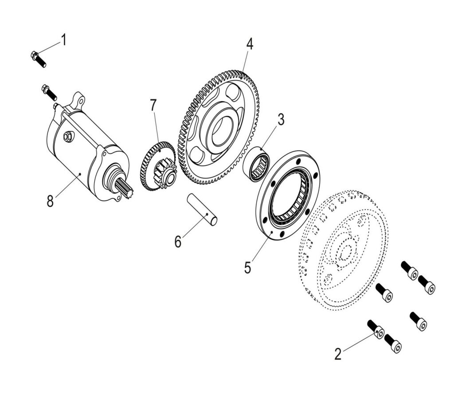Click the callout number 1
(x=63, y=40)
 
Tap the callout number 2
(x=338, y=354)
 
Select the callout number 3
(x=281, y=120)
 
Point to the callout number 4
(x=250, y=44)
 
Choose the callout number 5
(x=247, y=267)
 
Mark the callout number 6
(x=178, y=242)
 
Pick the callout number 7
(x=153, y=106)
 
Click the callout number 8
(x=50, y=201)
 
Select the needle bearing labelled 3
(x=258, y=164)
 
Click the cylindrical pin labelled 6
(x=202, y=209)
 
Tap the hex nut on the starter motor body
(x=68, y=137)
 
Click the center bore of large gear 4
(x=221, y=131)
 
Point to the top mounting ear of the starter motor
(x=79, y=99)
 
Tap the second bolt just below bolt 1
(x=49, y=92)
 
